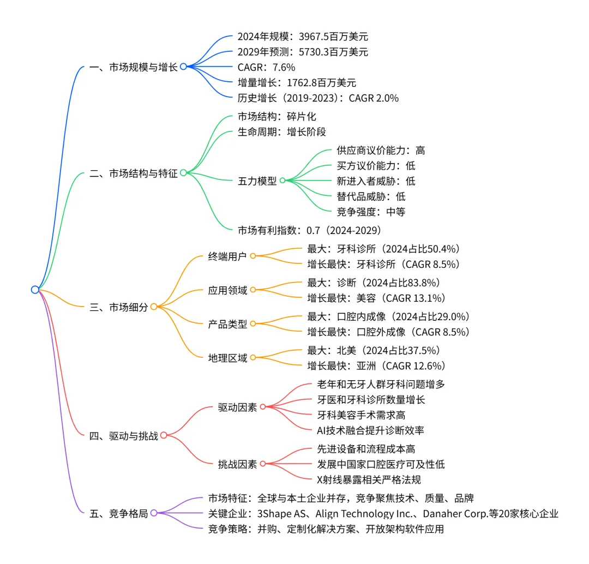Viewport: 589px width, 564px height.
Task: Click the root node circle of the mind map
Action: click(35, 290)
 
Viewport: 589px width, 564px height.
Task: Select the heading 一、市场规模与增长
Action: click(134, 67)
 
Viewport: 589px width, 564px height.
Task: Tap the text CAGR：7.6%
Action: click(266, 67)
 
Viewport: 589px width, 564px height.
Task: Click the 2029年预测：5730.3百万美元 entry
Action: click(303, 52)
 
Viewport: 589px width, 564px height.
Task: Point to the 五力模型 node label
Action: click(257, 181)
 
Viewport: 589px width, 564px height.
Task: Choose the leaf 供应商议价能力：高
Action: click(381, 150)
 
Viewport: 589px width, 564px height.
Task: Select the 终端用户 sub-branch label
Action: click(228, 256)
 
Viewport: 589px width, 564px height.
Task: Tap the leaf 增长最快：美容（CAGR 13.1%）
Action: click(376, 298)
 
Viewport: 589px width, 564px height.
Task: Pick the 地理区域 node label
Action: click(228, 358)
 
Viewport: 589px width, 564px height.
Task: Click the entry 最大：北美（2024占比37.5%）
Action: click(374, 350)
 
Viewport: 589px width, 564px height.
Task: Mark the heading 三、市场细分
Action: click(118, 307)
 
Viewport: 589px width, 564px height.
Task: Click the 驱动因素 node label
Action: click(237, 407)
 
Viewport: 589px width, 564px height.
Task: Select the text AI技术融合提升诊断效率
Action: click(370, 430)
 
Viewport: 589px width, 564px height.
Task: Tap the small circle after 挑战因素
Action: click(262, 464)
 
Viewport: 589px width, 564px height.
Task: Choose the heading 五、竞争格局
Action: click(118, 513)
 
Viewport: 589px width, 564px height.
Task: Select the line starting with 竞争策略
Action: click(326, 529)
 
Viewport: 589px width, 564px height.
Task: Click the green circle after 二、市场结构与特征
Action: click(183, 173)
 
